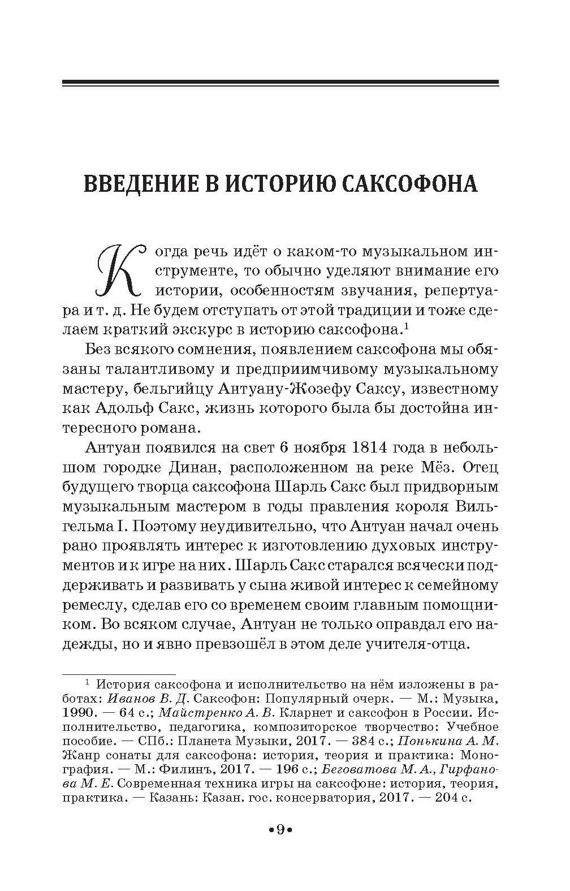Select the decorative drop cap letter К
point(117,272)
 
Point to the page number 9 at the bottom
point(279,830)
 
